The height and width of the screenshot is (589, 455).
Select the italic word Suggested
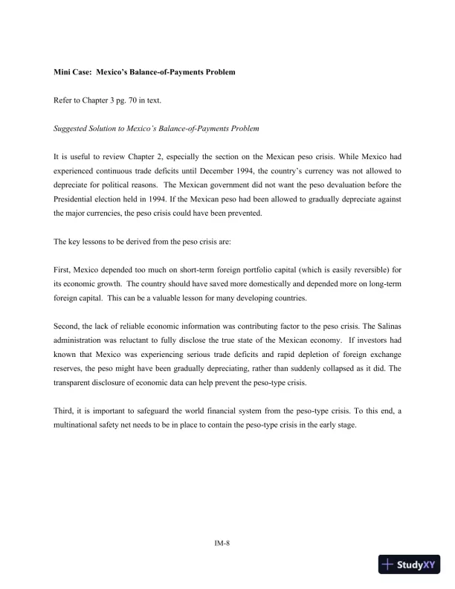tap(71, 128)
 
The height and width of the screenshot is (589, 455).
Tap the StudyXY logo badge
tap(410, 565)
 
